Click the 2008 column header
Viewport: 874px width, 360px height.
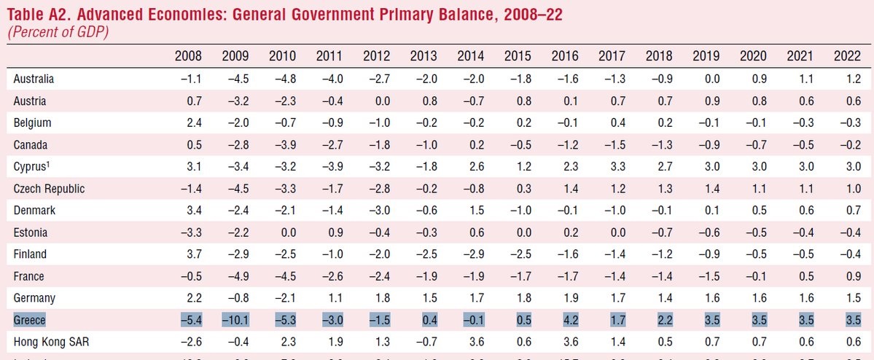tap(188, 56)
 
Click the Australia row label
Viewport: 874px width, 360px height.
tap(34, 79)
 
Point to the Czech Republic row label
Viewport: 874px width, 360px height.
tap(49, 189)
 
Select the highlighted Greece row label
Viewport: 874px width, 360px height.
tap(29, 320)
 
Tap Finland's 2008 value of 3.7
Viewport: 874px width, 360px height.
tap(193, 254)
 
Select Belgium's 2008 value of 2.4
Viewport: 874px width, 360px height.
tap(193, 122)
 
